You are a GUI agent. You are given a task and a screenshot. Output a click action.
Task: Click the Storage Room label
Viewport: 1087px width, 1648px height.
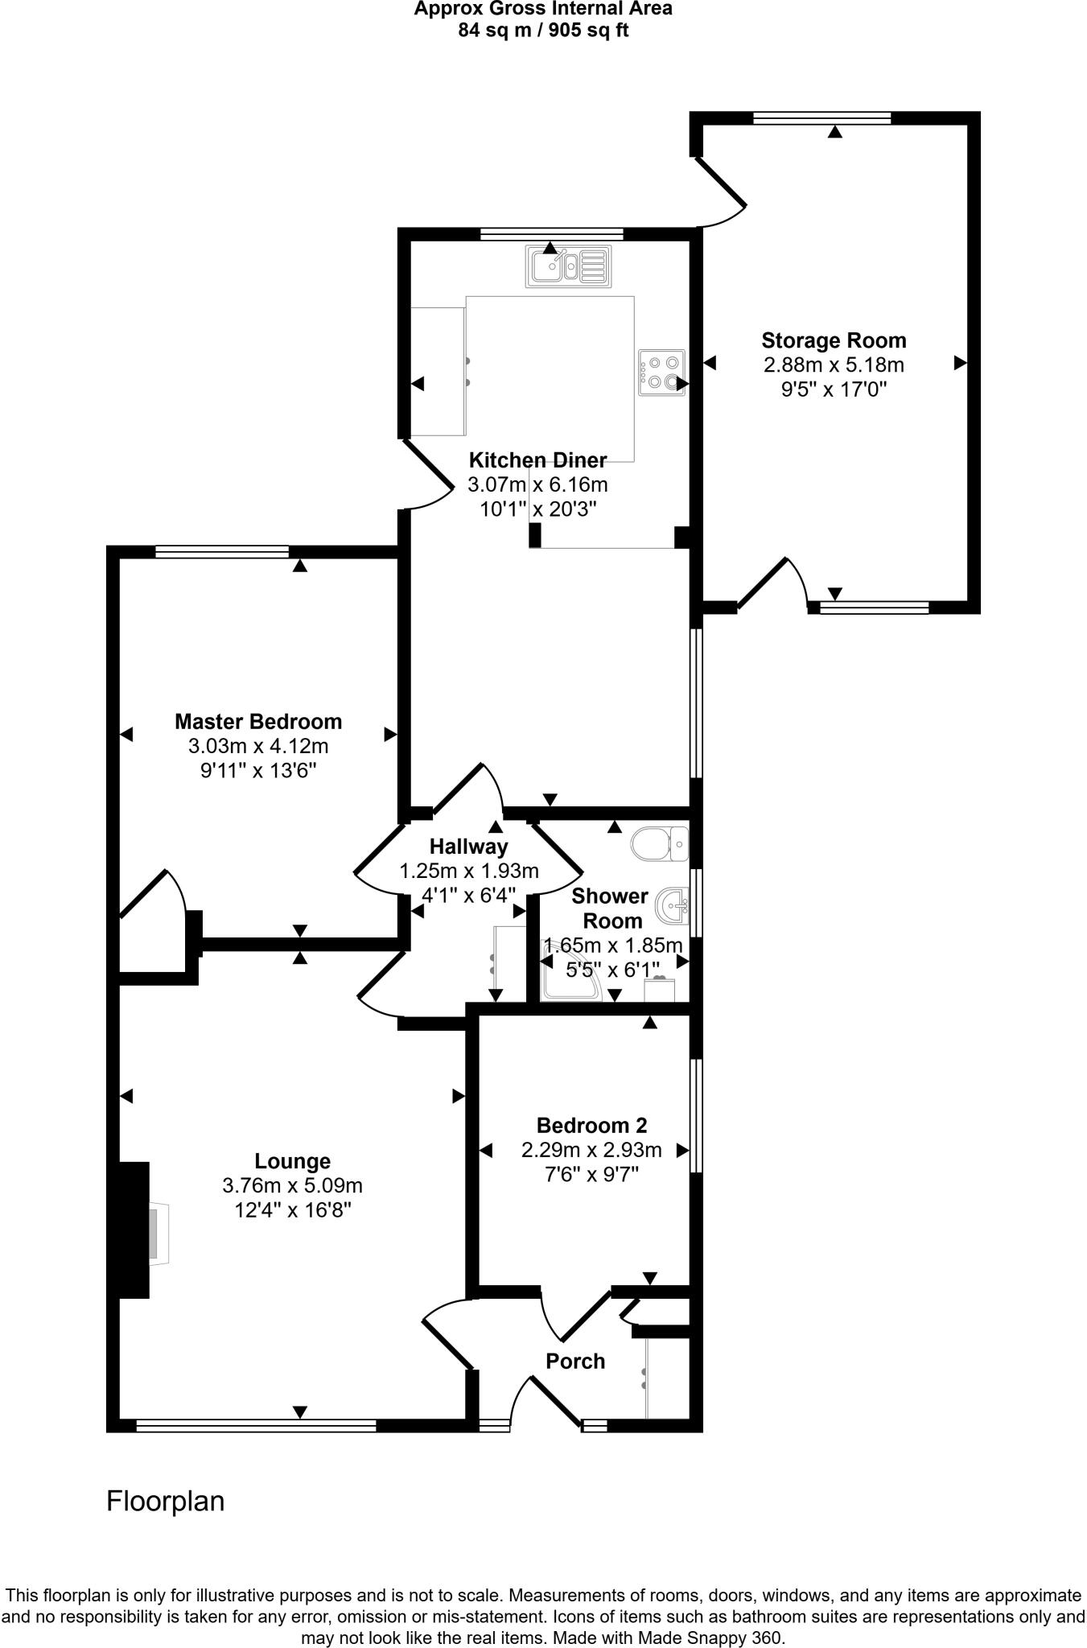[834, 340]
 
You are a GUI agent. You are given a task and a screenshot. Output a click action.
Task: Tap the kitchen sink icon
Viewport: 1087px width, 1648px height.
[568, 267]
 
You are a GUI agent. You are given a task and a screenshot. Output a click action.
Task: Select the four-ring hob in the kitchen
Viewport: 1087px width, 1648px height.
[661, 373]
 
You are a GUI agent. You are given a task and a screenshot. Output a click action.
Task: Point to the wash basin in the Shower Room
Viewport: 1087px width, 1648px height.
[672, 905]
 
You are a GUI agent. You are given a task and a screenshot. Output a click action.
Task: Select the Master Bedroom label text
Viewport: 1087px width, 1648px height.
[258, 721]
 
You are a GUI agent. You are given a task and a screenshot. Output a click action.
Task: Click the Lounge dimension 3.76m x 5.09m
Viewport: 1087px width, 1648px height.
[292, 1185]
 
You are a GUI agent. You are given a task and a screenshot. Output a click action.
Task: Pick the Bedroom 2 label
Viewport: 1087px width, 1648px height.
[591, 1126]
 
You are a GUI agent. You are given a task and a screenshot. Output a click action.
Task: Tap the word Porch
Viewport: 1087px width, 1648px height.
[575, 1362]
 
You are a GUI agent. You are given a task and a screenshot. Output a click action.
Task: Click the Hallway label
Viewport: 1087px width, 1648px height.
[468, 847]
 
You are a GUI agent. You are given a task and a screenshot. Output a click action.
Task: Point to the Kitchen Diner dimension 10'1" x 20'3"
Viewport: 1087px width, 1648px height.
[537, 509]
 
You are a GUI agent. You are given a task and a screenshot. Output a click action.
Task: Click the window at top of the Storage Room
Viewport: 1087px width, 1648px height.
[822, 118]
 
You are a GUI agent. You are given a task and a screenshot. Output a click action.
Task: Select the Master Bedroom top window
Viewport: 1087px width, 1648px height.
[222, 551]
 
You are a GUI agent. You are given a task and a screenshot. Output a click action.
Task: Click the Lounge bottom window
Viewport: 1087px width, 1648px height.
[256, 1426]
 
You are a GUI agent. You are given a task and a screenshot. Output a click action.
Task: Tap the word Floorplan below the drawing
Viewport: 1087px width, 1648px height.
[166, 1502]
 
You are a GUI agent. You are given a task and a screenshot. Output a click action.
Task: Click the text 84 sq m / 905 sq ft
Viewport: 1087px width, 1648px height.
[543, 31]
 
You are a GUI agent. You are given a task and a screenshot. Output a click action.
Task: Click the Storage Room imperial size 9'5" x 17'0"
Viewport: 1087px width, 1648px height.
[834, 390]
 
